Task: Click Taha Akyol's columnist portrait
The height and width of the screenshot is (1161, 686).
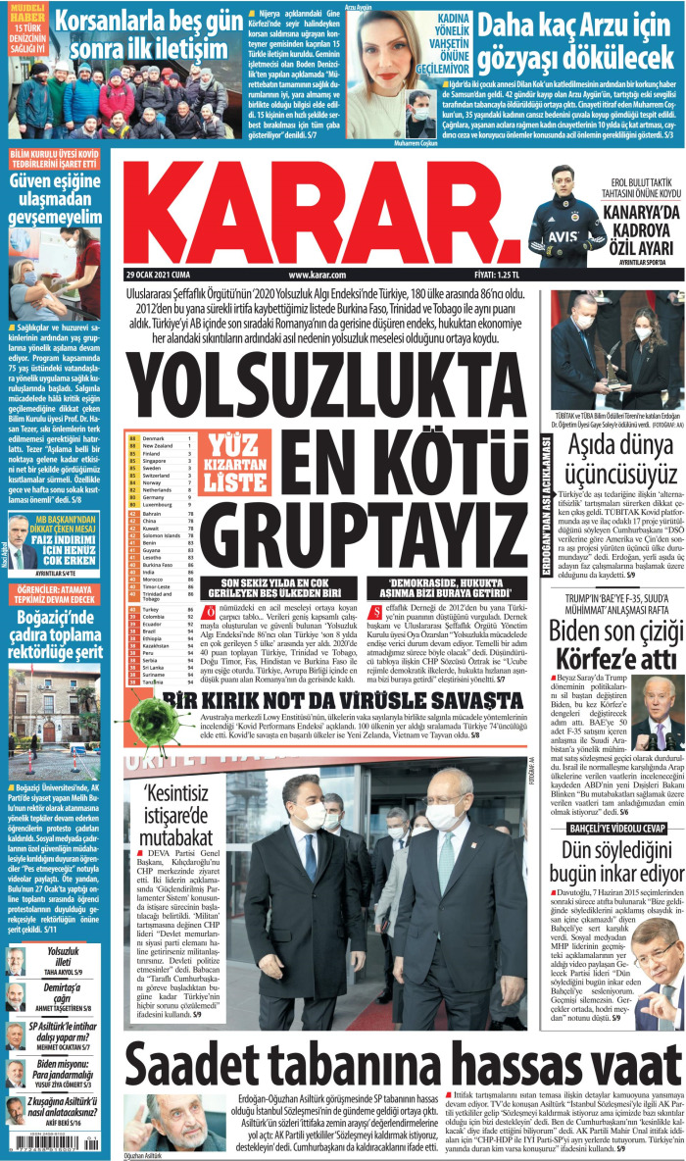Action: (16, 962)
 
